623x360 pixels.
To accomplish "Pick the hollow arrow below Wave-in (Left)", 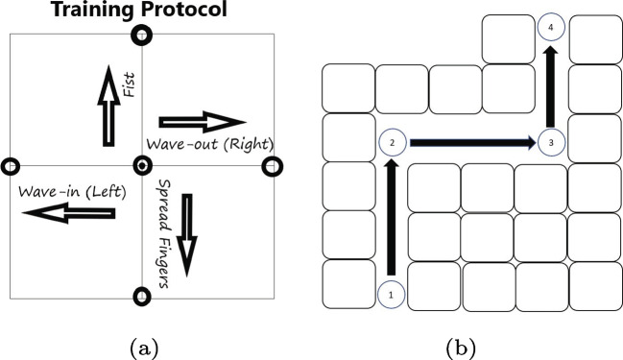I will [64, 216].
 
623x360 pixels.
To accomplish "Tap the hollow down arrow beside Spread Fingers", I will [188, 235].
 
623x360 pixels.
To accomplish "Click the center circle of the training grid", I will [142, 166].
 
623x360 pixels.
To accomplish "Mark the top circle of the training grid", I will [142, 36].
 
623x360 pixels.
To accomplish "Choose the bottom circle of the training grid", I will [142, 296].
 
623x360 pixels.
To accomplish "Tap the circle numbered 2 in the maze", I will [392, 143].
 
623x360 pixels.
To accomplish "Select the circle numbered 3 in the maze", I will [550, 143].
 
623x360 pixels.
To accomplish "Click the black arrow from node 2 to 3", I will [471, 143].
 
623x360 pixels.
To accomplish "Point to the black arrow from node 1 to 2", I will [391, 218].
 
